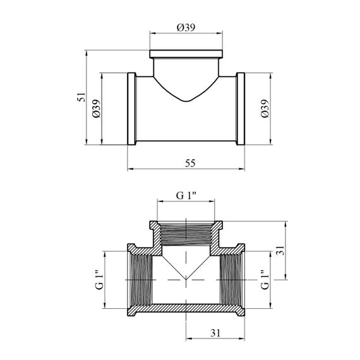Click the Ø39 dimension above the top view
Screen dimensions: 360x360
point(186,28)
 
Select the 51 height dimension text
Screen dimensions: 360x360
point(81,97)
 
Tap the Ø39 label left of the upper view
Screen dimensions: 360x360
point(97,109)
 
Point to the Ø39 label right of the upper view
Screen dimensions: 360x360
point(265,109)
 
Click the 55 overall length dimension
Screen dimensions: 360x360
point(190,163)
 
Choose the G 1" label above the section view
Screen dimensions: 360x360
point(186,196)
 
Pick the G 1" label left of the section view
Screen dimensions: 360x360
point(99,280)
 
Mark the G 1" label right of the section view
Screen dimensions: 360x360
point(265,280)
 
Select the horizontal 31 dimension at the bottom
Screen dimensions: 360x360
point(215,333)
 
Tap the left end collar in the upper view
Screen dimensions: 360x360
point(132,109)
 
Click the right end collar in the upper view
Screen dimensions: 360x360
point(241,109)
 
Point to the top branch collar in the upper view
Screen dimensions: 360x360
point(186,54)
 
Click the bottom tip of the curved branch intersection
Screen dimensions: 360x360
point(186,102)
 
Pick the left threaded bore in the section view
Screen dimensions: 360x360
point(140,280)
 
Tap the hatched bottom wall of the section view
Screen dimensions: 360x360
point(186,308)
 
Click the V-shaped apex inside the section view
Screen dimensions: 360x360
point(186,280)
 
